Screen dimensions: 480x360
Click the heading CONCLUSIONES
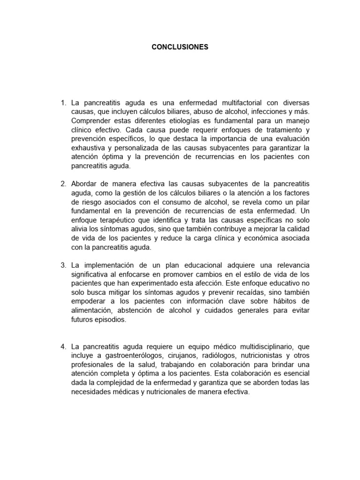[x=180, y=47]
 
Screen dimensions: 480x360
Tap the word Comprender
[x=90, y=121]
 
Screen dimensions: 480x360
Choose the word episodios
[x=111, y=320]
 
